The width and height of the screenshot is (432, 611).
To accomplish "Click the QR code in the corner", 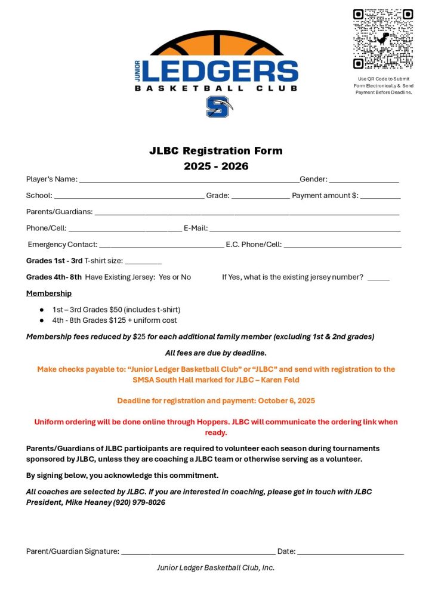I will point(382,39).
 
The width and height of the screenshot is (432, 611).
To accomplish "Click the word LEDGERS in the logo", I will point(220,71).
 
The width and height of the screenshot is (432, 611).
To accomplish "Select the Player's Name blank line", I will point(189,180).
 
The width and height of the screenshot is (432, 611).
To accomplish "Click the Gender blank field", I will point(363,180).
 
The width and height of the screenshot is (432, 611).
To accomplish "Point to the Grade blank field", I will point(260,196).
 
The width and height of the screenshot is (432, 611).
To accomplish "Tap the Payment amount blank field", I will point(380,196).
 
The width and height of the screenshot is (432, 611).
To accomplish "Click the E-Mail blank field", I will point(304,229).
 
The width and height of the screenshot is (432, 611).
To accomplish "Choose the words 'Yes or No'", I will point(175,277).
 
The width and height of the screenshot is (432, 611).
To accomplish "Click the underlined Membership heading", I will point(49,293).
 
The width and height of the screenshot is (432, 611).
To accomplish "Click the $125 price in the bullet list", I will point(118,320).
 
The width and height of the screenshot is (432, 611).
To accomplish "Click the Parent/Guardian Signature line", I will point(198,551).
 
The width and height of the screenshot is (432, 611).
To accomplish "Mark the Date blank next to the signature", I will point(350,551).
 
